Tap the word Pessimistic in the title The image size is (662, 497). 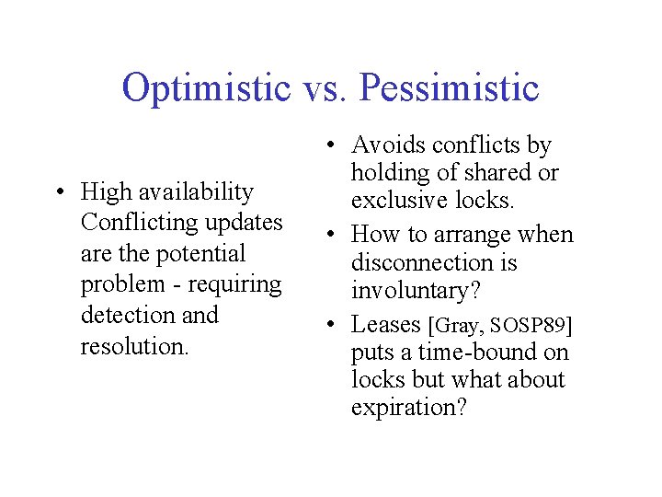450,88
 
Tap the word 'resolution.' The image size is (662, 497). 134,346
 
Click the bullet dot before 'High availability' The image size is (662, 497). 59,192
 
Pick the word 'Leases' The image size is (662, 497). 386,324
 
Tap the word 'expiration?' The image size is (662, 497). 409,407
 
